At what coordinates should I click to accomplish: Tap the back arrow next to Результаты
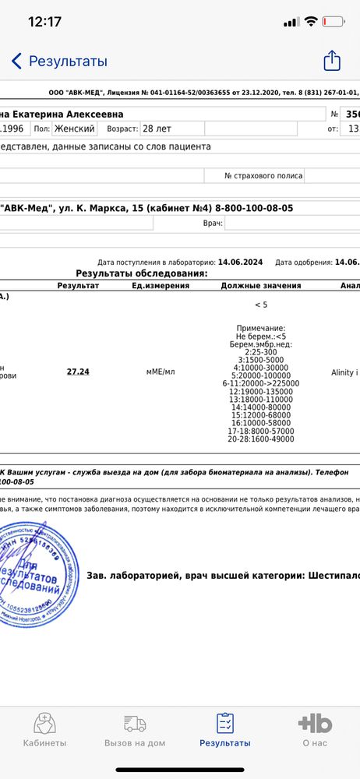[16, 62]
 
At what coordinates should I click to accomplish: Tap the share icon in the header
[332, 61]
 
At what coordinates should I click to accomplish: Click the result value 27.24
[78, 372]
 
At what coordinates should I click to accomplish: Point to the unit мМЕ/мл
[161, 372]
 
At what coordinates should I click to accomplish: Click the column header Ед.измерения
[161, 286]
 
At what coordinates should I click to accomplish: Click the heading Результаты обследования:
[141, 274]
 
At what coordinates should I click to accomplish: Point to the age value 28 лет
[160, 128]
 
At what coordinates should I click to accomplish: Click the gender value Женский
[75, 128]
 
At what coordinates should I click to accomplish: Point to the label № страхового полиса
[263, 176]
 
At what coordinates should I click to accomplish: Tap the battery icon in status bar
[335, 22]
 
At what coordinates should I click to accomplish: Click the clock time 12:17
[44, 22]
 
